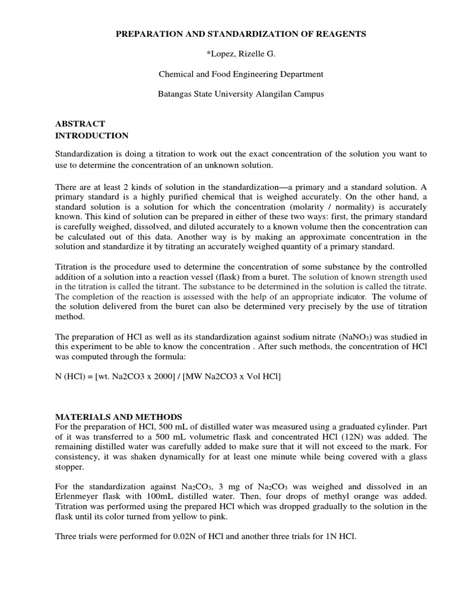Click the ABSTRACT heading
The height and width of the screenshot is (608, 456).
click(80, 123)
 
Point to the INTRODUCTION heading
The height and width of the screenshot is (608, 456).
click(91, 135)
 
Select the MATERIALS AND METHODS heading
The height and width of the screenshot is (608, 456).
click(118, 417)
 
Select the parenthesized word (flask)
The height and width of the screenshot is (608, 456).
click(228, 277)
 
